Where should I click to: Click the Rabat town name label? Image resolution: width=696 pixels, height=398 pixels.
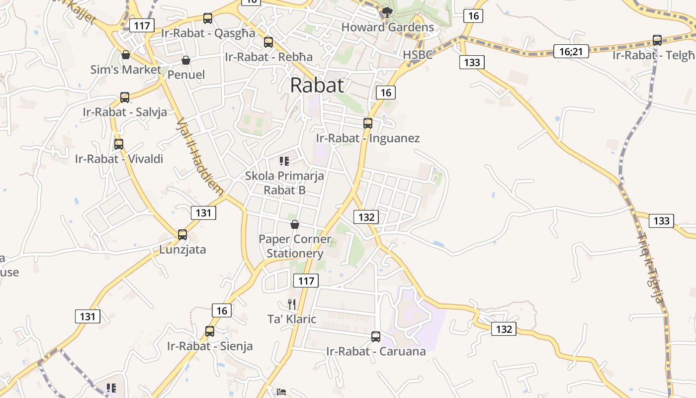pos(317,85)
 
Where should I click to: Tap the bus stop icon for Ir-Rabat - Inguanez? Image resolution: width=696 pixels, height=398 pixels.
pos(368,123)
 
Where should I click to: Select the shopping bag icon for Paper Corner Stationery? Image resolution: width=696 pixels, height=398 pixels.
pos(295,224)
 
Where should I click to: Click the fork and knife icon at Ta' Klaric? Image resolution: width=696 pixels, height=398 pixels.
pos(292,304)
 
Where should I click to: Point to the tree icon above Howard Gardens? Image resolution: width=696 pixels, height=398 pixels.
pos(387,12)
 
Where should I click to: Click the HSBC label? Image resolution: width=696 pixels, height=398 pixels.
pos(418,55)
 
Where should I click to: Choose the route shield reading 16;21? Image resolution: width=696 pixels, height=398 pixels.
pos(571,51)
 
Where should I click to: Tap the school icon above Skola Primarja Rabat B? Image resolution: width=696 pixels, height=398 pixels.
pos(284,161)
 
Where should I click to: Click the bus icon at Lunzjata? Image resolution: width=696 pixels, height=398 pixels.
pos(182,234)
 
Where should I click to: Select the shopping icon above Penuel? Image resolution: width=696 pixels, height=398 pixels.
pos(186,60)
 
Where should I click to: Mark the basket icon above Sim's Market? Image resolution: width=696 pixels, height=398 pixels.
pos(126,54)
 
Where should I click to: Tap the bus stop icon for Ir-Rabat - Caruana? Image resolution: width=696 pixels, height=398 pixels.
pos(376,337)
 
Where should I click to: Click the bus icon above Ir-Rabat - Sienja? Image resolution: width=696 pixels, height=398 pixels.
pos(210,331)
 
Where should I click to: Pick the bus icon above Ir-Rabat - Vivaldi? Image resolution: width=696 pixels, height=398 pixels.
pos(119,144)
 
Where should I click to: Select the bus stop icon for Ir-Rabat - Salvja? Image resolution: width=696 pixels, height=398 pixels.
pos(125,97)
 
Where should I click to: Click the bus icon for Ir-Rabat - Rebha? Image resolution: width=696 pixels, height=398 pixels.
pos(268,42)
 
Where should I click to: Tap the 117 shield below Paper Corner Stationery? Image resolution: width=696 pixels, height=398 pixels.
pos(306,281)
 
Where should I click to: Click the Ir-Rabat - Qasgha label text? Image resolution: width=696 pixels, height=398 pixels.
pos(208,33)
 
